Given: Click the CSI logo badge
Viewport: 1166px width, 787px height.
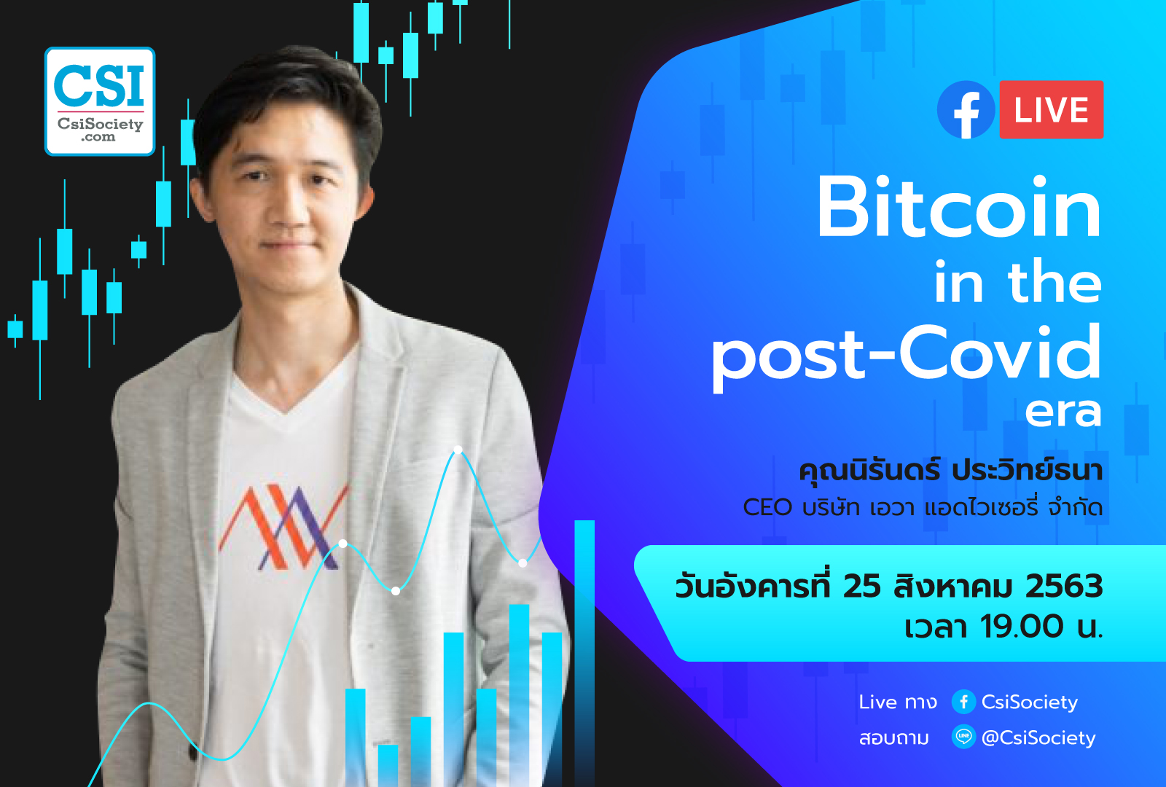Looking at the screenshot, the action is click(x=100, y=101).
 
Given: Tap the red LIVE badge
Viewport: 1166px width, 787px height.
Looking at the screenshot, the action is click(x=1051, y=110).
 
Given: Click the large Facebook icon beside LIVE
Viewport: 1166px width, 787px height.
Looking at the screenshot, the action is click(x=966, y=110).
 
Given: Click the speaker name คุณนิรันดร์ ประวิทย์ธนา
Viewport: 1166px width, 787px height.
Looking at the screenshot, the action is click(x=950, y=470).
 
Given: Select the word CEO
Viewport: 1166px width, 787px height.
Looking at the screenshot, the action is click(x=767, y=507).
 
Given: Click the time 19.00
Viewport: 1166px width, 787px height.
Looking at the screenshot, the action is click(x=1022, y=626).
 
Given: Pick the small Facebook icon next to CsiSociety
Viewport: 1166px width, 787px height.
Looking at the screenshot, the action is click(x=963, y=702).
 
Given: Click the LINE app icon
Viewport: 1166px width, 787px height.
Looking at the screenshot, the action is click(x=963, y=737).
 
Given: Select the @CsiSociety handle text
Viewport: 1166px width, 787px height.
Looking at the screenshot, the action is click(x=1038, y=738).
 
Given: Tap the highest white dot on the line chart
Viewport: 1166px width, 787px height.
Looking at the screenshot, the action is click(x=458, y=450).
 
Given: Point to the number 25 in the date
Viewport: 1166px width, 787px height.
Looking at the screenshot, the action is click(x=862, y=587).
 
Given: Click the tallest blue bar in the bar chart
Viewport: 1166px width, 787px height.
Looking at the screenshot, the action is click(x=584, y=653).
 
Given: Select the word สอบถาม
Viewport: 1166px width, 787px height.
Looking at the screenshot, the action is click(x=893, y=738).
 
